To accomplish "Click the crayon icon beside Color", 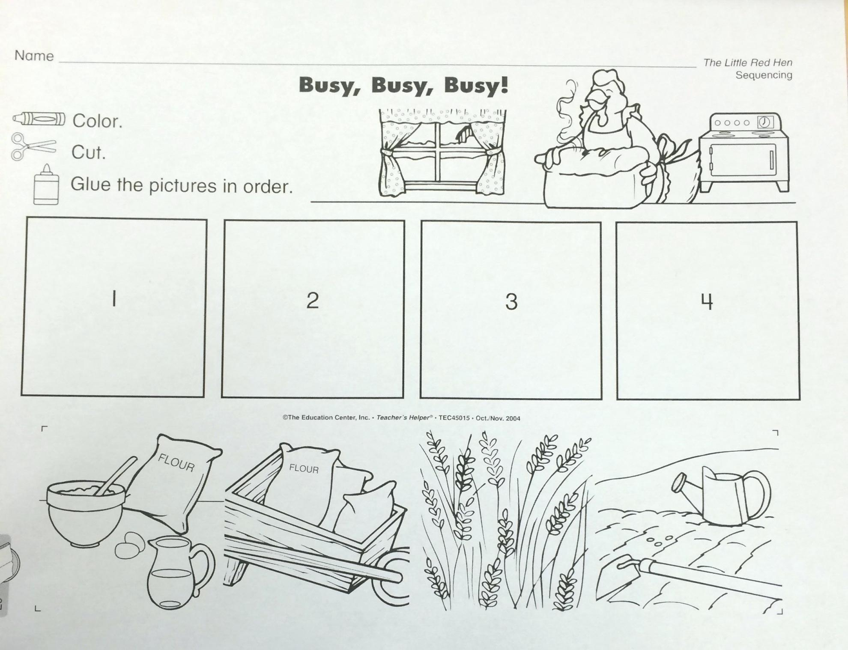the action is pos(39,119).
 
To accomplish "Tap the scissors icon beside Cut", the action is pos(33,146).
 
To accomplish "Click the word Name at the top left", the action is pos(34,56).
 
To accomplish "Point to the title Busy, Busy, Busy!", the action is pos(403,86).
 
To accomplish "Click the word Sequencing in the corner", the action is pos(764,75).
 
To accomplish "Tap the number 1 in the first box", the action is pos(114,298).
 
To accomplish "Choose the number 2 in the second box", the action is pos(313,300).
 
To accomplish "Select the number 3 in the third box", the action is pos(511,301).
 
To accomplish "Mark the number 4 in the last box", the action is pos(707,302).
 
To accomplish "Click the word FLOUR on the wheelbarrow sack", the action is pos(304,468).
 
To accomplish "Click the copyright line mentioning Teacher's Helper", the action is pos(401,418).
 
